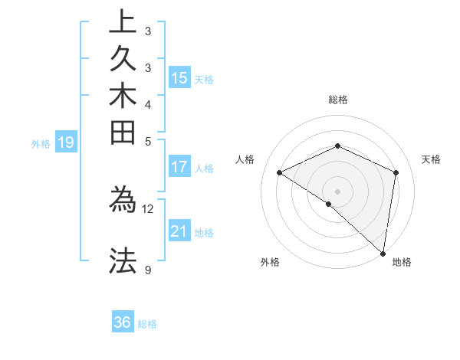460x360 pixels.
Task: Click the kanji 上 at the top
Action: [123, 22]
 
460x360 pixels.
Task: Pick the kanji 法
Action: [123, 260]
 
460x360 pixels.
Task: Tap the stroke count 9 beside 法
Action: [147, 270]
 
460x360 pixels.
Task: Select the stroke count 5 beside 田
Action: [147, 141]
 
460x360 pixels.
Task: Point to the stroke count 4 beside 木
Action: [147, 104]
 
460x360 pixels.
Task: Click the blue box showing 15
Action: [179, 77]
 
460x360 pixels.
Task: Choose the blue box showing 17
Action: [179, 166]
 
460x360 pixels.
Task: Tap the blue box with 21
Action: [179, 231]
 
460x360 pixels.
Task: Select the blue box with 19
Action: [67, 142]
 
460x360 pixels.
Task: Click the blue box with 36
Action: [123, 322]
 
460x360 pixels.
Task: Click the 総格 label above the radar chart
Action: [338, 100]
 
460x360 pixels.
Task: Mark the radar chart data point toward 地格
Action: [383, 253]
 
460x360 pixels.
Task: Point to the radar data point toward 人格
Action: [280, 172]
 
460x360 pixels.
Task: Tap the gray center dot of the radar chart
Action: [337, 191]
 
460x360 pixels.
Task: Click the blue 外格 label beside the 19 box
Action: [41, 143]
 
